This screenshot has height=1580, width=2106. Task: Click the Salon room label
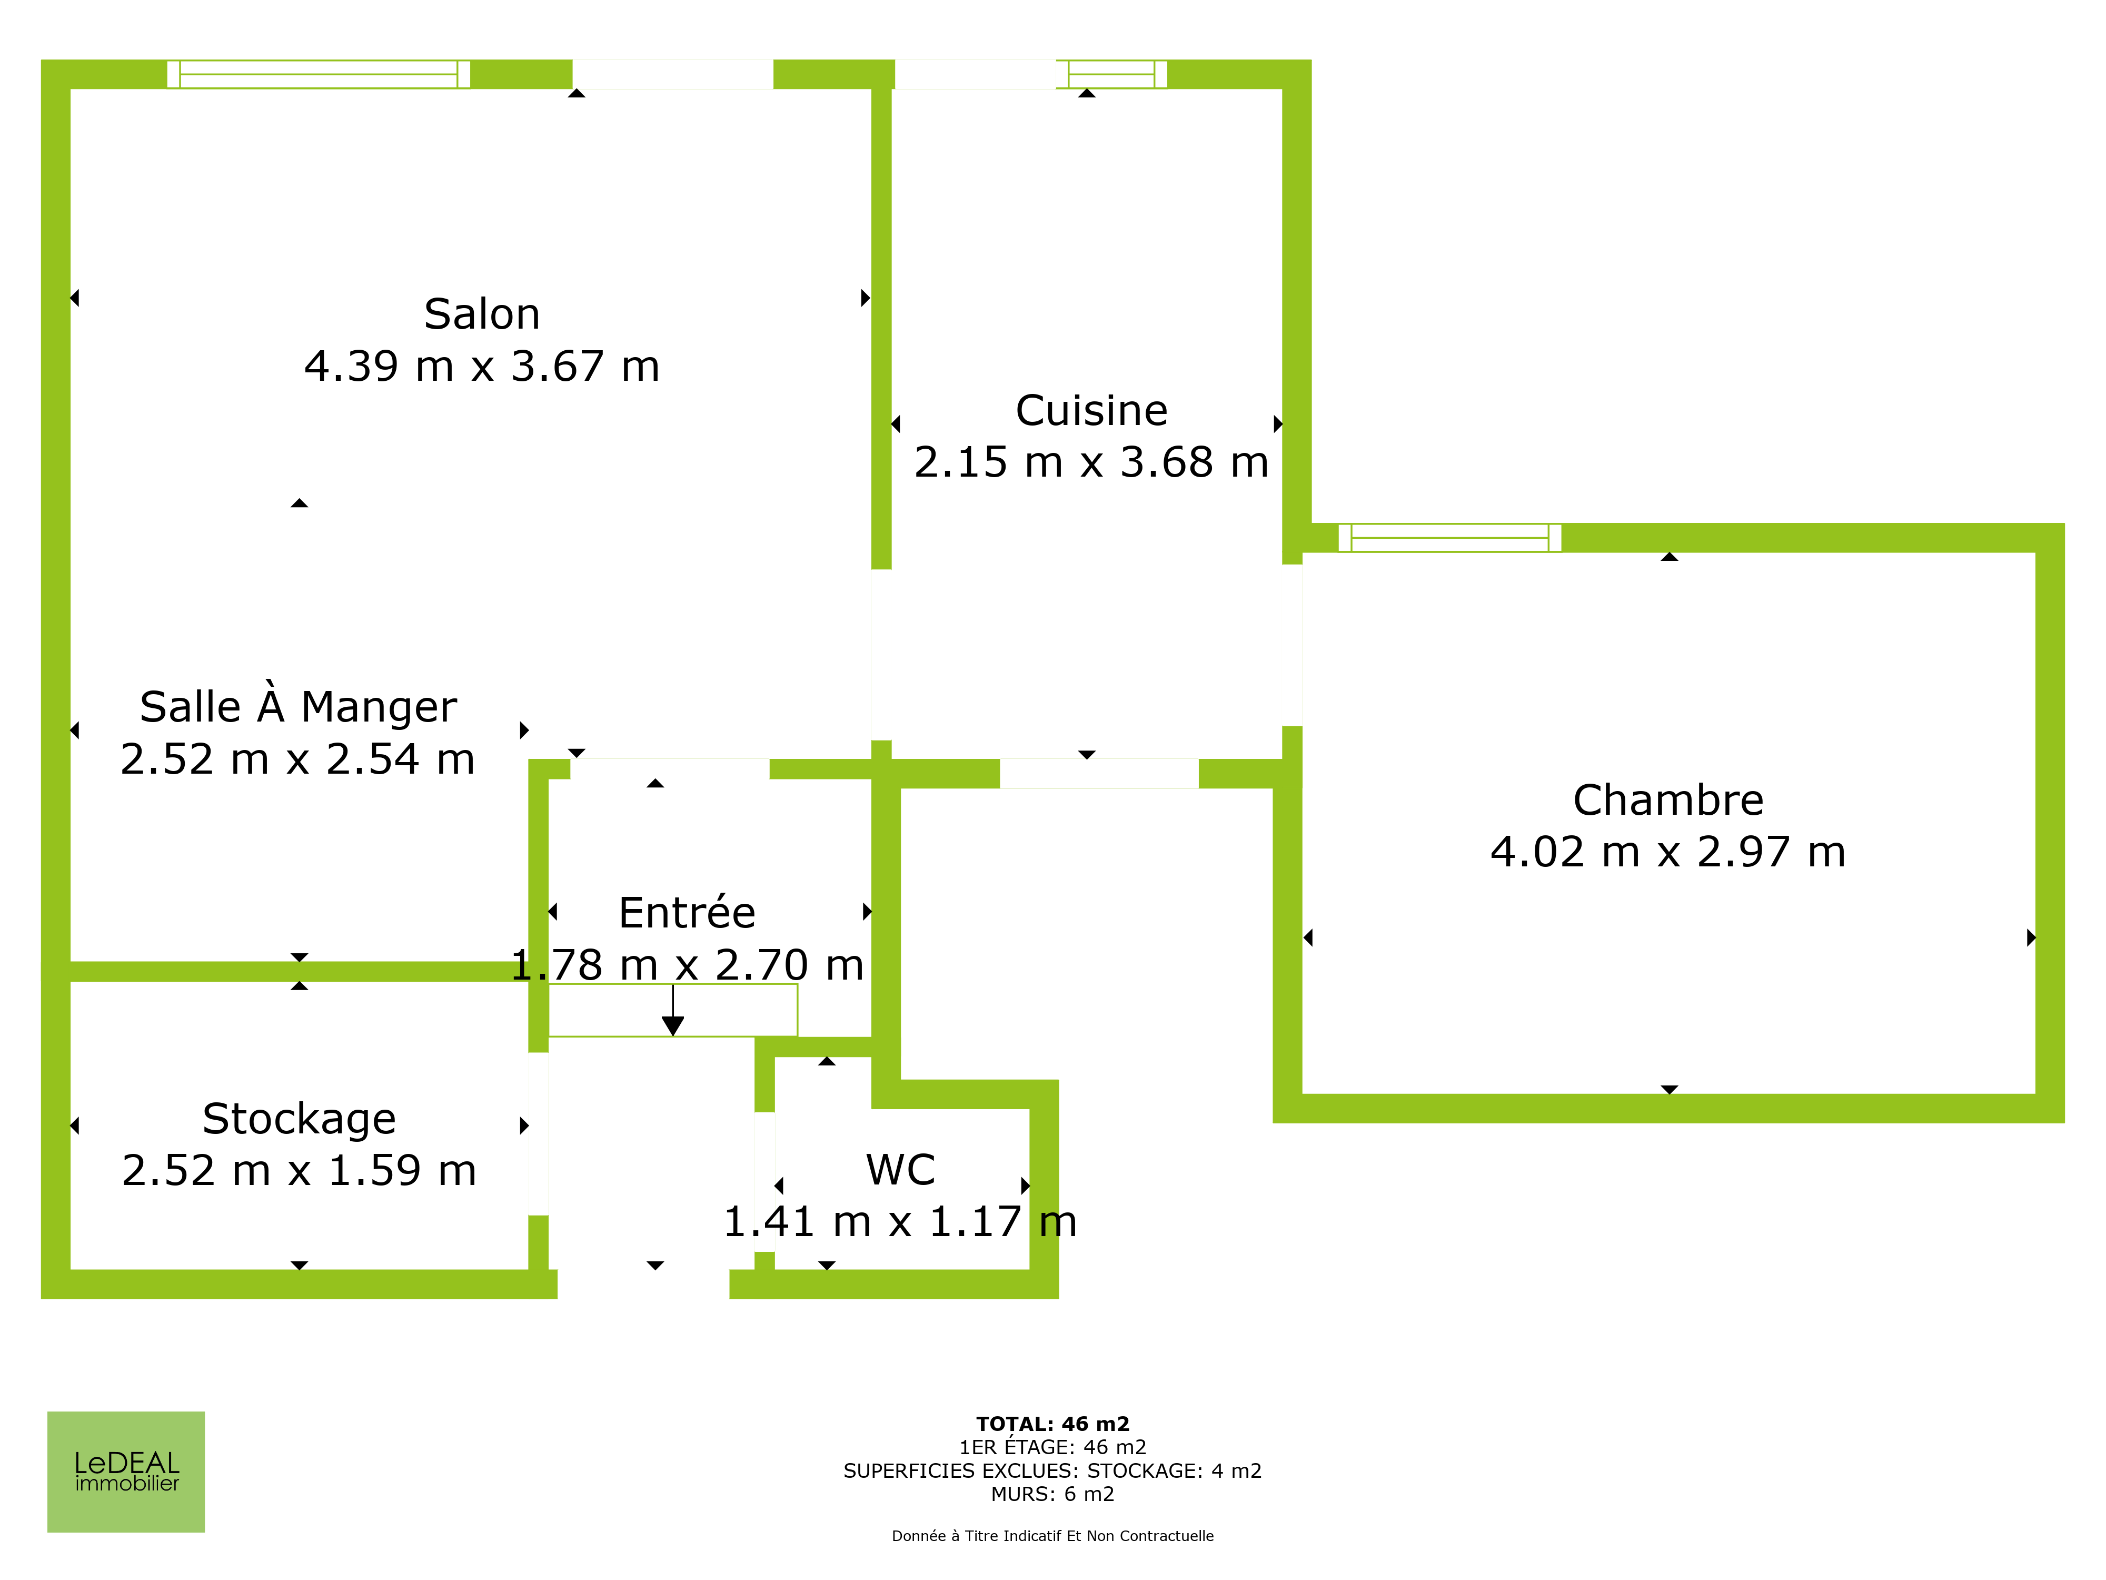tap(482, 314)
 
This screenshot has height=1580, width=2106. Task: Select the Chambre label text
tap(1668, 800)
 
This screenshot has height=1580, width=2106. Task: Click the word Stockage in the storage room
tap(299, 1119)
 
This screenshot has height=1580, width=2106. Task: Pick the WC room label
tap(901, 1170)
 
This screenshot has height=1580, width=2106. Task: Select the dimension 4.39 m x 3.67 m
tap(482, 367)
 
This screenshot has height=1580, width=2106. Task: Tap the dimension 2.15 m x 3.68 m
tap(1091, 463)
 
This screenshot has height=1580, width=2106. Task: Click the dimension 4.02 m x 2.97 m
tap(1668, 852)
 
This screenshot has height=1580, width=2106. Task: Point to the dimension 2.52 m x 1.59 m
tap(299, 1170)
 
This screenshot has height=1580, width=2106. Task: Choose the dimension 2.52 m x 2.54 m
tap(298, 759)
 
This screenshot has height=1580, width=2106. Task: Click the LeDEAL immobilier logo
tap(126, 1472)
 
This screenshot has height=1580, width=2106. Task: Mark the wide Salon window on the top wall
tap(318, 74)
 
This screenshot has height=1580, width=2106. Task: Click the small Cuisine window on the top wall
tap(1111, 74)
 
